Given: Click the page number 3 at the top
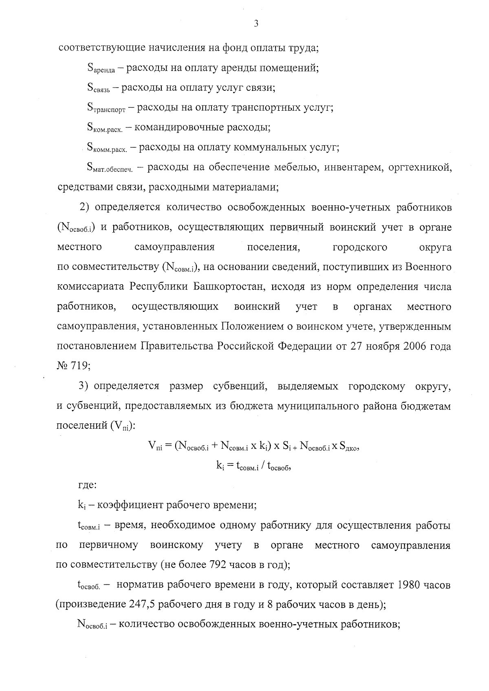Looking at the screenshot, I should click(256, 24).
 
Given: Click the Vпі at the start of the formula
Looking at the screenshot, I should click(155, 447).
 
